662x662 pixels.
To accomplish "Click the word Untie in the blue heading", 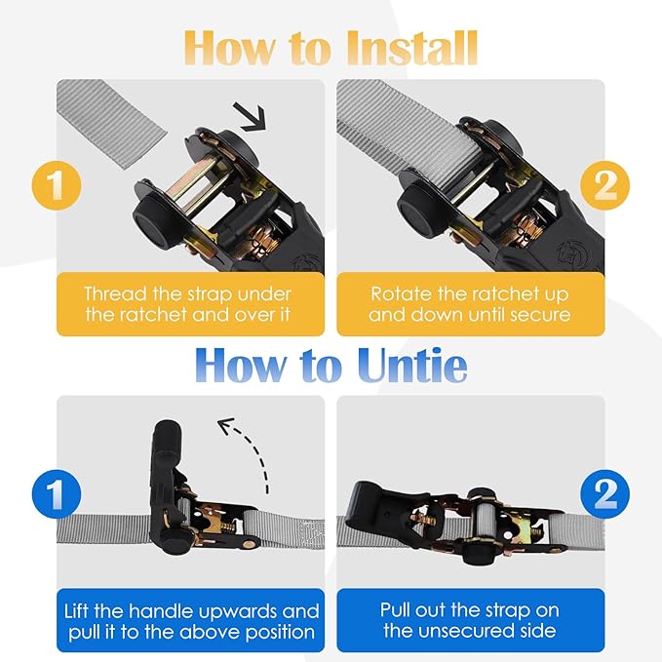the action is coord(412,365).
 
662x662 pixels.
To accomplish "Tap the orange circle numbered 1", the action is coord(57,185).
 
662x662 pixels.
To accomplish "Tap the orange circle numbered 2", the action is coord(604,185).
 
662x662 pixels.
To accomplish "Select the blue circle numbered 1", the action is coord(57,494).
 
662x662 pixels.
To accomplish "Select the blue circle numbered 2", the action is coord(604,494).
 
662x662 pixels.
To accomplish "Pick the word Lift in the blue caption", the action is coord(77,611).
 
